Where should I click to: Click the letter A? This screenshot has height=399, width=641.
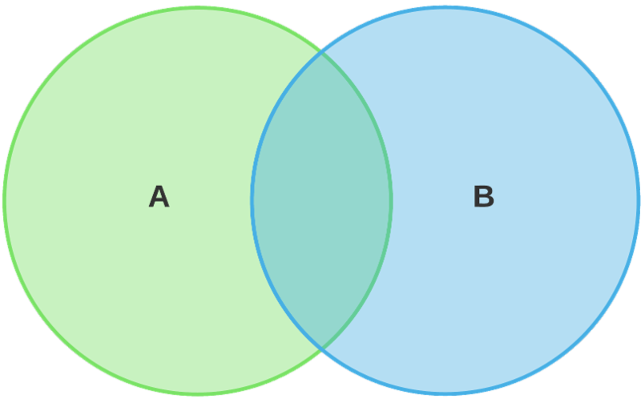tap(159, 196)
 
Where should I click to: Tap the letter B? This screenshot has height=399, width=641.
tap(484, 196)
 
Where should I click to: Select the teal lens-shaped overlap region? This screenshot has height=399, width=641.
tap(322, 200)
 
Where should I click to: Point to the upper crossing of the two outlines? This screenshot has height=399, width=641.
tap(322, 53)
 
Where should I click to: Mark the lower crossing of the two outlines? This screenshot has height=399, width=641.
tap(322, 348)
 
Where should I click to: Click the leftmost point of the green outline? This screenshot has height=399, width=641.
tap(4, 200)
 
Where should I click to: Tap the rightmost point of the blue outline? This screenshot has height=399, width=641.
tap(638, 200)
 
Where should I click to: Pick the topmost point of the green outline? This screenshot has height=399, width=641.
tap(198, 7)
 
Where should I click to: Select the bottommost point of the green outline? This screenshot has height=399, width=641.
tap(198, 393)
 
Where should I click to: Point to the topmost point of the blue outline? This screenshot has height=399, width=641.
tap(445, 7)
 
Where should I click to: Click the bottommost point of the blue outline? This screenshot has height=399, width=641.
tap(445, 393)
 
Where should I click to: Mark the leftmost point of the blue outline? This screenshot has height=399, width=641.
tap(252, 200)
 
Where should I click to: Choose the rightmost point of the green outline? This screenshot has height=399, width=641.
tap(391, 200)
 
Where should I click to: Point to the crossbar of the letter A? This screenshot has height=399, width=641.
tap(159, 200)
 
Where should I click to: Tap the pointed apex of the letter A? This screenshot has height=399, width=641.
tap(159, 187)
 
